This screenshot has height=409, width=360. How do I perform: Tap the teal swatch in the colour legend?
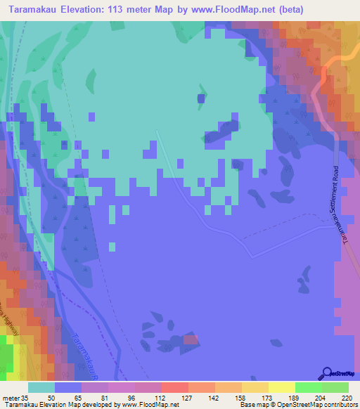41,387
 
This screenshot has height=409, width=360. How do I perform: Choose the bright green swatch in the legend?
309,387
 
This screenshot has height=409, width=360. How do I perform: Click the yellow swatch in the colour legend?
282,387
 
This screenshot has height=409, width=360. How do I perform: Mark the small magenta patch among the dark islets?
190,339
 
